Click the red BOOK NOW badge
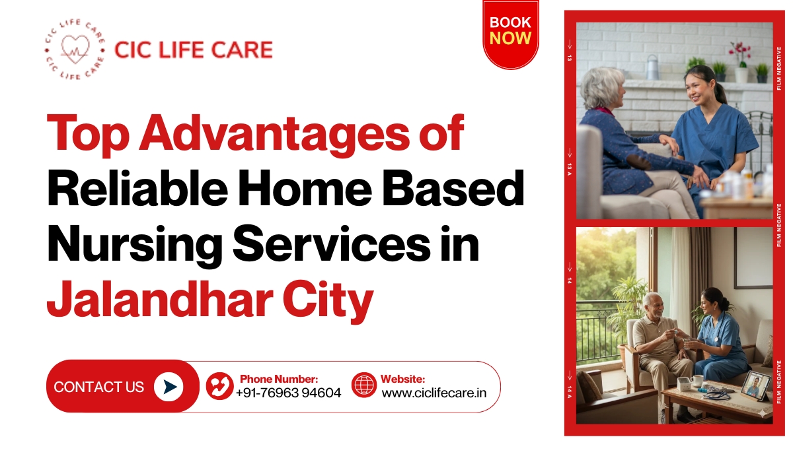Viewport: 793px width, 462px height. click(x=510, y=32)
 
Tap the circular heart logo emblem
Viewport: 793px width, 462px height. click(x=74, y=50)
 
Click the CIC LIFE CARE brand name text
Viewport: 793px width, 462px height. click(x=193, y=49)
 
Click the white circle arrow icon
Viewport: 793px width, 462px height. click(x=169, y=387)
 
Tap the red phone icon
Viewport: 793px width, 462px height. click(x=219, y=386)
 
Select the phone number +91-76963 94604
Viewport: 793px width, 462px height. click(x=288, y=393)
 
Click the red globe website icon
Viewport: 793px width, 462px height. click(x=364, y=385)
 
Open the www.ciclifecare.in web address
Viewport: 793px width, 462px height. click(x=434, y=393)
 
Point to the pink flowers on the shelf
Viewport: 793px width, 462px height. click(x=739, y=50)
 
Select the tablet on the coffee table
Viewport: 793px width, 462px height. click(x=755, y=385)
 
